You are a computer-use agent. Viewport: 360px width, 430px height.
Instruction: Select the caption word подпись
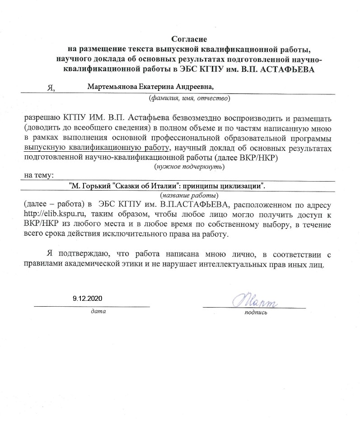[255, 312]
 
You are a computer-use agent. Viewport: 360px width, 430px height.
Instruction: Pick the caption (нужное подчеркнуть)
[189, 167]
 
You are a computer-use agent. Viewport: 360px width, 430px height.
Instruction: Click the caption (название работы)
[189, 195]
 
